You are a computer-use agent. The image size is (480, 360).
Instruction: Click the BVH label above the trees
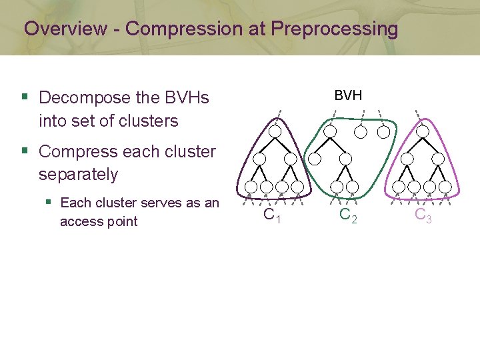pos(348,95)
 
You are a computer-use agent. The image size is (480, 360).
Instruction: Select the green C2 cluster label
pos(347,215)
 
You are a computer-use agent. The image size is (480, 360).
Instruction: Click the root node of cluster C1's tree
pos(275,131)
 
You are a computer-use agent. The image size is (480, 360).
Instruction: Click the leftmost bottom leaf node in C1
pos(251,187)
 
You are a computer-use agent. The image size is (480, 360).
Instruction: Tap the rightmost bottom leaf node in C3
pos(445,187)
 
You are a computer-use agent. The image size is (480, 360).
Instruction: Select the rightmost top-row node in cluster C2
pos(384,131)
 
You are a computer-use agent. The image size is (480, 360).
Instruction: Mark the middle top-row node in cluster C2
pos(360,131)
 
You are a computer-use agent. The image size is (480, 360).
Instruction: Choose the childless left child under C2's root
pos(315,159)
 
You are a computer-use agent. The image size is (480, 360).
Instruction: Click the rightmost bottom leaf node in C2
pos(353,187)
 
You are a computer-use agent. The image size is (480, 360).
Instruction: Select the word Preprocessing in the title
pos(335,29)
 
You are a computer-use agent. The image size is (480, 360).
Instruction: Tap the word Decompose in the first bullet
pos(75,98)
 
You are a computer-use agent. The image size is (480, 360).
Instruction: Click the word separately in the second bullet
pos(78,175)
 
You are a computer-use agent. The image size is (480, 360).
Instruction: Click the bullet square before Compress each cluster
pos(25,151)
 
